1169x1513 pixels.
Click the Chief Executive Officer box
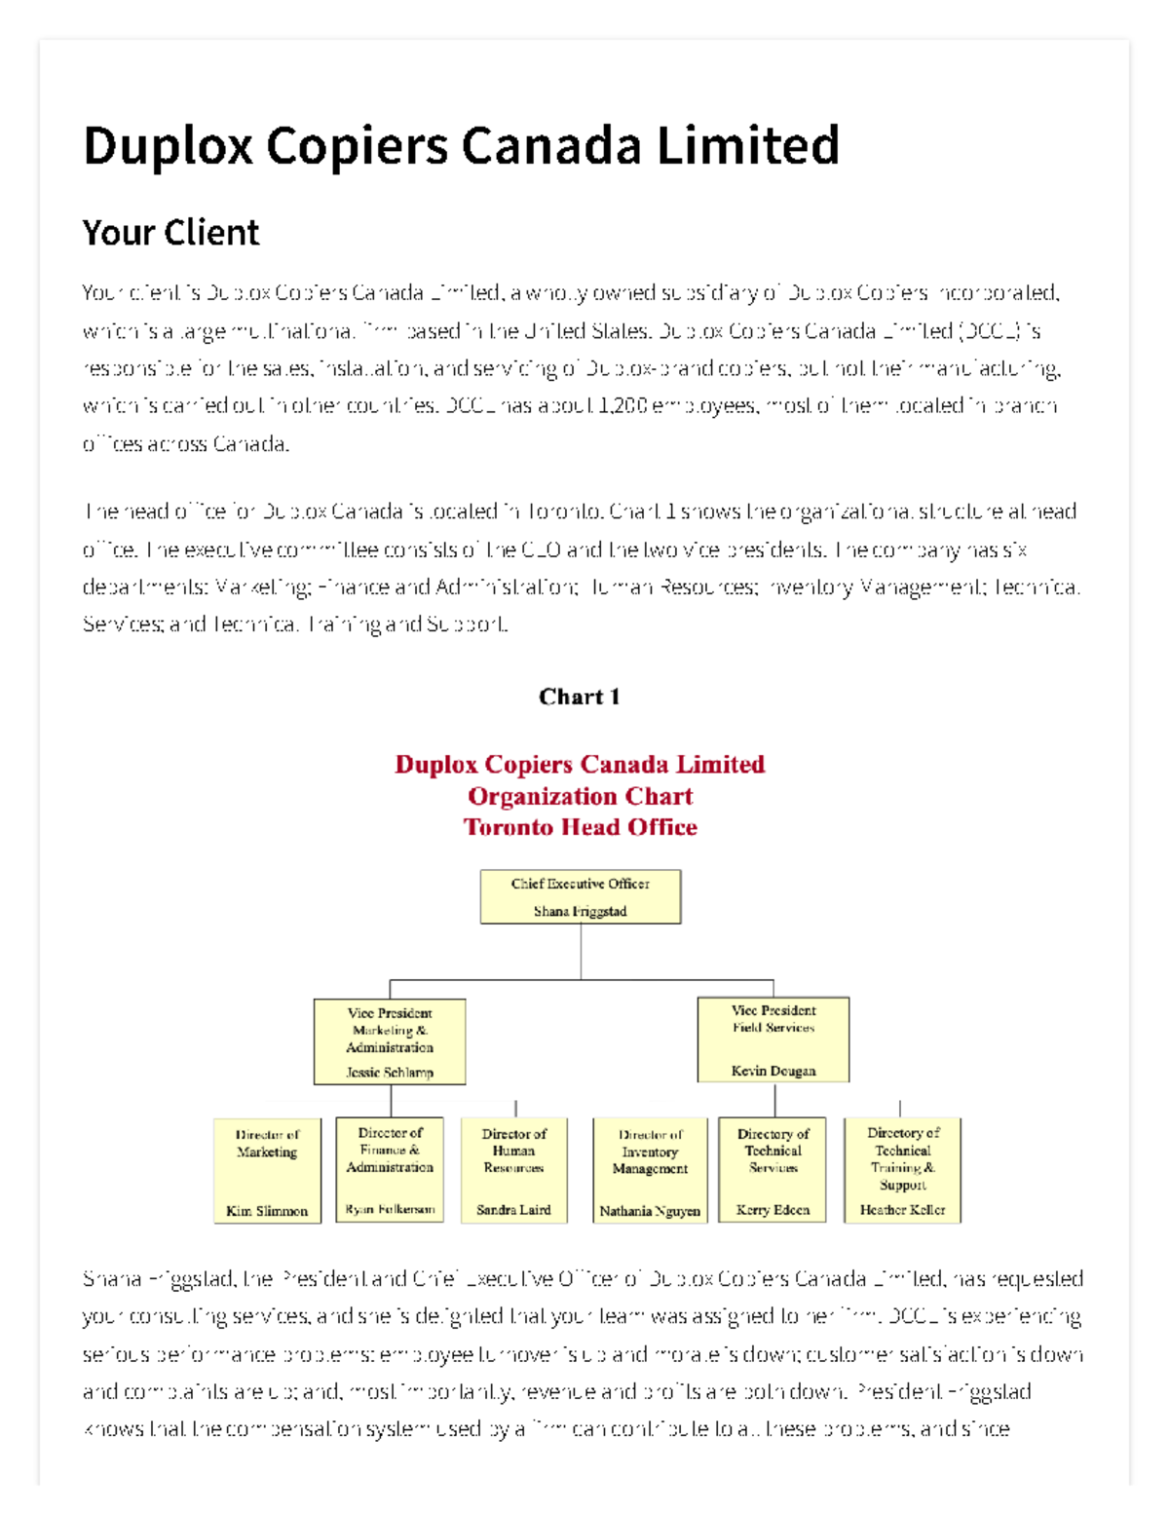coord(580,895)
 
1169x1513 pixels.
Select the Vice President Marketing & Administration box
coord(390,1040)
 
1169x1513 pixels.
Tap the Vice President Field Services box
coord(773,1039)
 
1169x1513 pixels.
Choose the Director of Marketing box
coord(267,1169)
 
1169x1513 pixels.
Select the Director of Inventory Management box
coord(650,1169)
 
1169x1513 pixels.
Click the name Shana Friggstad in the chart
coord(580,911)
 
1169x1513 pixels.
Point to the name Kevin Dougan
coord(773,1071)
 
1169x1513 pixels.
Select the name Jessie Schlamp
coord(390,1073)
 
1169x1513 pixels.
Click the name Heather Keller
coord(902,1210)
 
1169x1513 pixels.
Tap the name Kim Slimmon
coord(267,1211)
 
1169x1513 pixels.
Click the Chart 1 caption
coord(580,697)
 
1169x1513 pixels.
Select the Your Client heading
coord(170,233)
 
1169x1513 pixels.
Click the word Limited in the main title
coord(747,146)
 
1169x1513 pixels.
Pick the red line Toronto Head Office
coord(580,827)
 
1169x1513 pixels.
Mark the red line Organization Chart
coord(580,796)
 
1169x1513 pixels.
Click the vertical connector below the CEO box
coord(581,951)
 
